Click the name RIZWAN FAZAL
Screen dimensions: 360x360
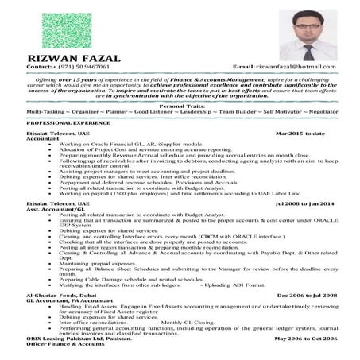[75, 58]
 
